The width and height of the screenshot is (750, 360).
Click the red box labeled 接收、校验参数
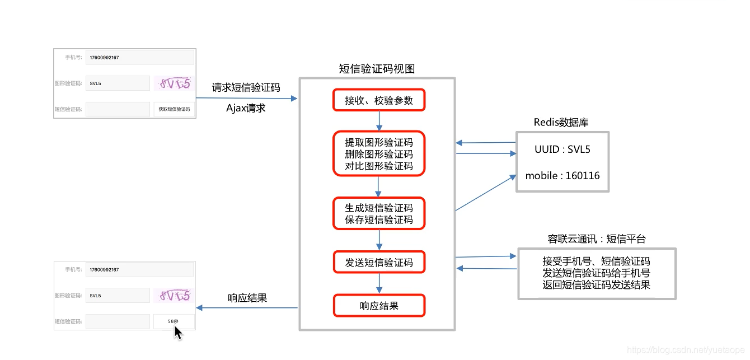click(x=379, y=100)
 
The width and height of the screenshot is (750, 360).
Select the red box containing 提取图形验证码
click(x=379, y=154)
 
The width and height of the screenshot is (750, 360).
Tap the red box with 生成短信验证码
click(x=379, y=214)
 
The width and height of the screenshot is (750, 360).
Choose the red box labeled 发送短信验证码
click(x=379, y=262)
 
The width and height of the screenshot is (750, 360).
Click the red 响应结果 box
click(x=379, y=306)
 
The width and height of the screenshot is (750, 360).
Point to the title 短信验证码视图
click(x=377, y=69)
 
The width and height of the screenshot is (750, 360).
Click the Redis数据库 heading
click(x=561, y=123)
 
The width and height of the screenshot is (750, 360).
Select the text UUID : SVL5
click(x=562, y=149)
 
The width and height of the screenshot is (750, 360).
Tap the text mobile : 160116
click(x=562, y=176)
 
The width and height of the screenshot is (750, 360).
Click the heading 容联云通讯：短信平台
click(x=597, y=239)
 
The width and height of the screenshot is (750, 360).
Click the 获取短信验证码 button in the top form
click(x=174, y=109)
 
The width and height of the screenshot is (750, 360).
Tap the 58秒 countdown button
click(x=174, y=321)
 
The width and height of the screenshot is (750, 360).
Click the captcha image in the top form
click(x=174, y=83)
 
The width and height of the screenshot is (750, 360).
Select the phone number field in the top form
click(x=139, y=57)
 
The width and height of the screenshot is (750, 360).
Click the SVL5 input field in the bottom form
click(x=118, y=296)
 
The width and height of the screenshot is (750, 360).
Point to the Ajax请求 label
click(x=246, y=108)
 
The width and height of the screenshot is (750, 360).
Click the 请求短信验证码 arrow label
click(x=246, y=88)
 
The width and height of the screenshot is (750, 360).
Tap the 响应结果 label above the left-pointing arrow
click(x=247, y=298)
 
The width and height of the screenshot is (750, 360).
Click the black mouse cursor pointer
click(x=177, y=333)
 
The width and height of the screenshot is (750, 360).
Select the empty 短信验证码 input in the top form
click(x=118, y=109)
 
